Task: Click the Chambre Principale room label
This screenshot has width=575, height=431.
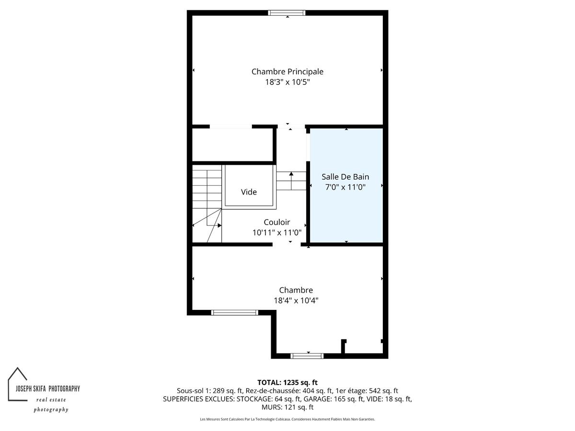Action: pos(287,71)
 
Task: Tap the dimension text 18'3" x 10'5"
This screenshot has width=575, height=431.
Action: pos(287,82)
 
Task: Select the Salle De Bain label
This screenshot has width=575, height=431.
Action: pos(345,177)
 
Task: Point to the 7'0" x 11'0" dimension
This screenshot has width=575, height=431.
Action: pos(345,187)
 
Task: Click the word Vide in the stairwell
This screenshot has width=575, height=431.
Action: pos(249,192)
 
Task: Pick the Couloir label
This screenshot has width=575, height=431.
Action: pos(277,222)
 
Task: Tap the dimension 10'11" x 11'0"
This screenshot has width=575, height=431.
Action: pos(277,232)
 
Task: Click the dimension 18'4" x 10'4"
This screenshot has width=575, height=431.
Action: pos(296,300)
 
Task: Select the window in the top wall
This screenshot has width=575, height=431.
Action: pos(287,13)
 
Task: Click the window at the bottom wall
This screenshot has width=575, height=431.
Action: pos(307,356)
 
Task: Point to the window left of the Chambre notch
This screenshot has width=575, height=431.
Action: pos(235,313)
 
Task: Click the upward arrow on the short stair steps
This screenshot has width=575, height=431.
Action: pos(291,181)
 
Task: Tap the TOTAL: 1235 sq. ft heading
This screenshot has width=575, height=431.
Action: pos(287,383)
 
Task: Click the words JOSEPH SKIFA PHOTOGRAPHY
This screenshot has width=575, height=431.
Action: pos(47,388)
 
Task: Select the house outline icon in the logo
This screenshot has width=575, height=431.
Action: pos(18,384)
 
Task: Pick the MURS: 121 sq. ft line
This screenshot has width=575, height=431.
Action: pos(287,407)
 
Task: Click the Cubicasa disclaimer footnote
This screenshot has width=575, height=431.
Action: pos(287,419)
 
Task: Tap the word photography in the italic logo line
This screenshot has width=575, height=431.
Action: pos(51,409)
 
